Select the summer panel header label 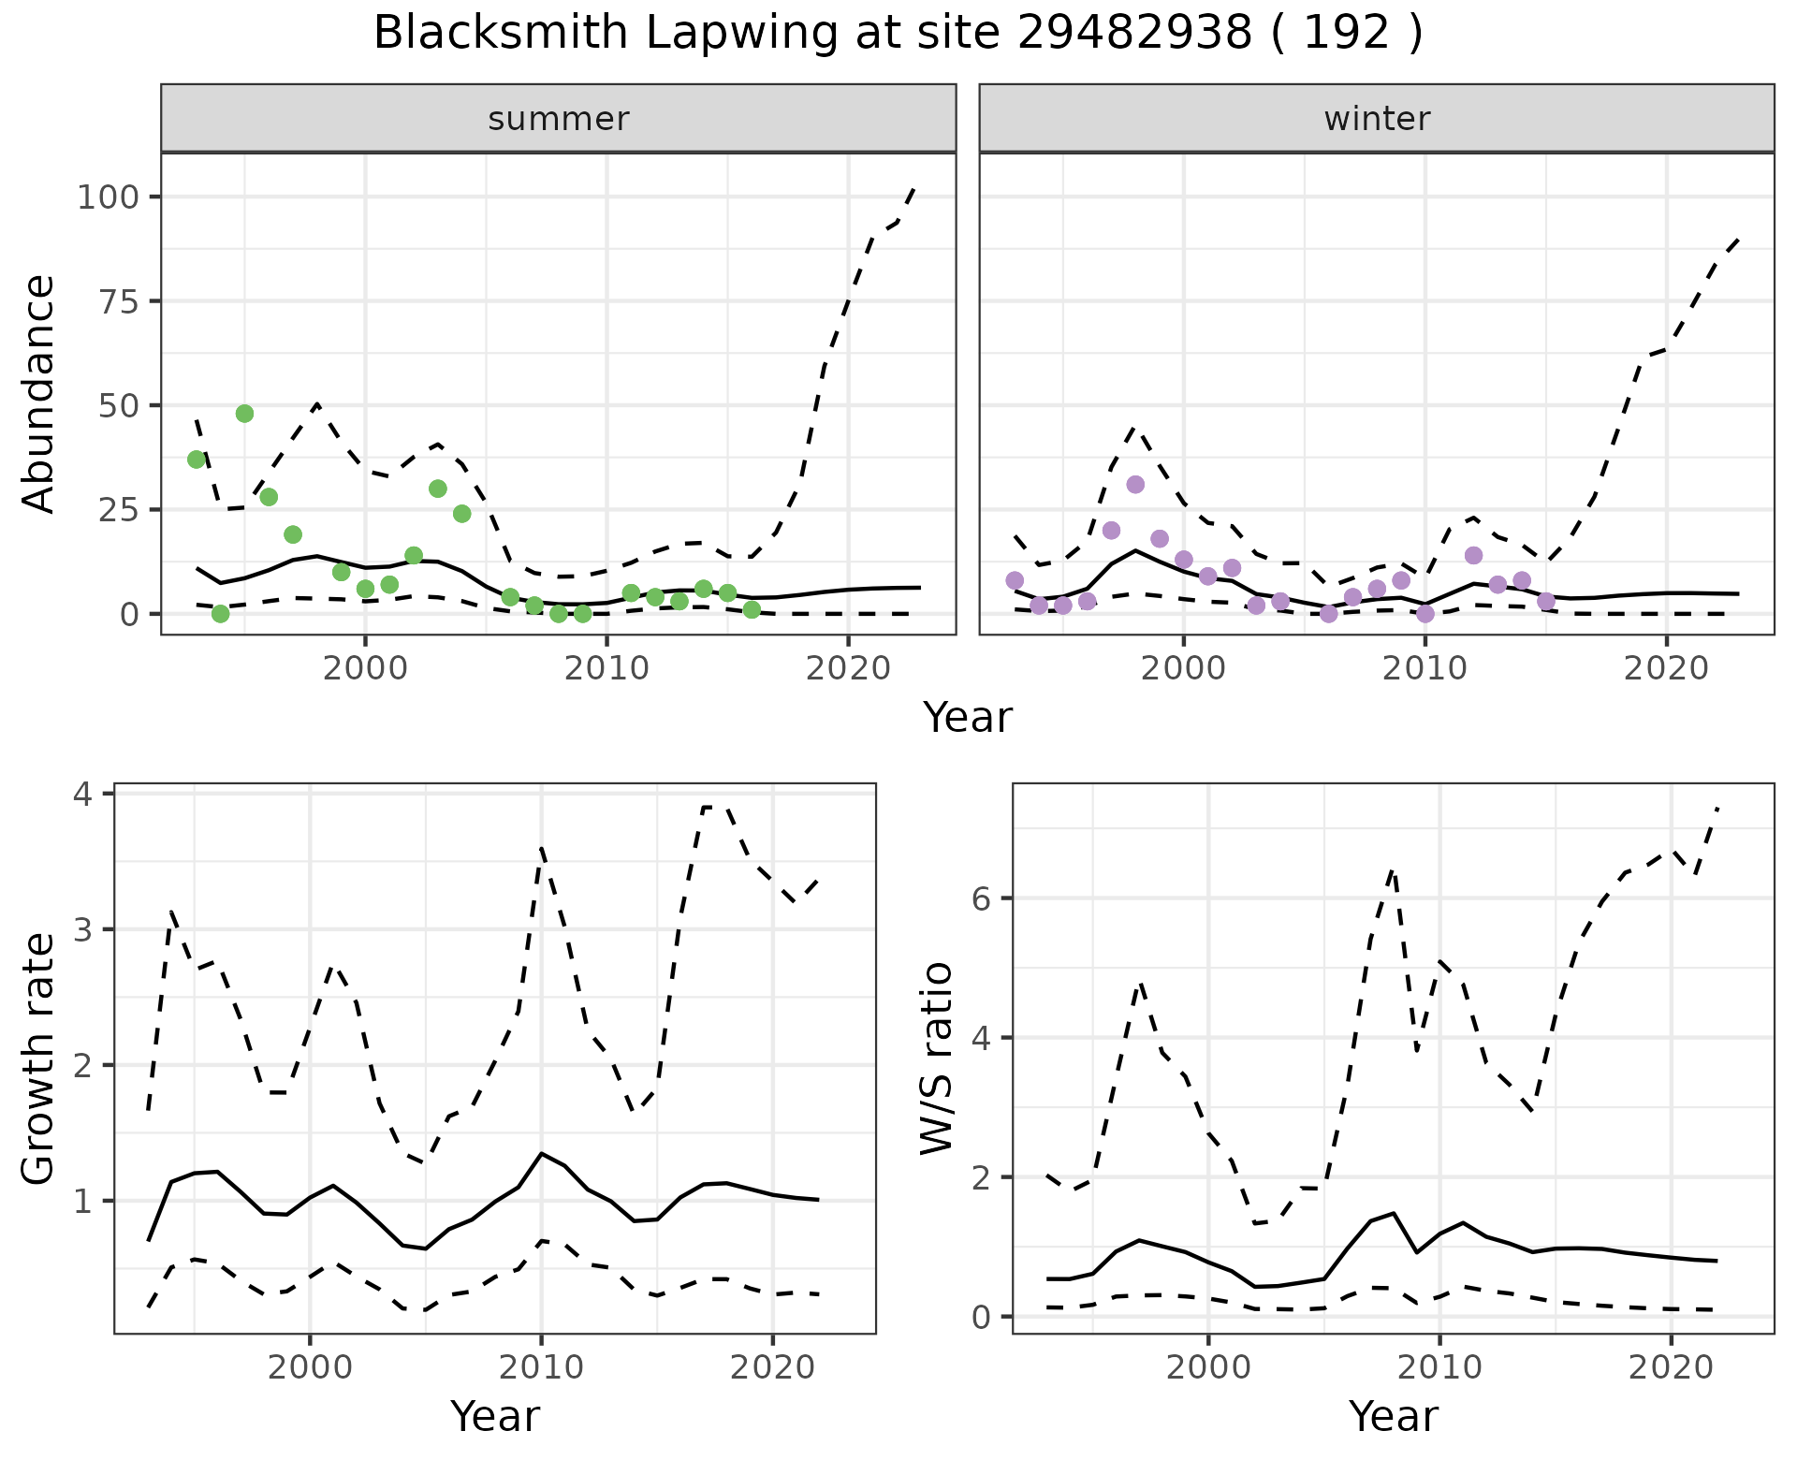click(x=559, y=119)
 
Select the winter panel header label click(x=1377, y=119)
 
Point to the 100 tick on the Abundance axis click(x=108, y=197)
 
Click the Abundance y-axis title click(x=39, y=394)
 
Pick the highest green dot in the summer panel click(x=244, y=414)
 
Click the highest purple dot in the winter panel click(x=1135, y=484)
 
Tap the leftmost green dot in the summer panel click(x=197, y=460)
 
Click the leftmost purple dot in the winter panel click(x=1015, y=580)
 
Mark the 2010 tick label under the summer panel click(x=606, y=668)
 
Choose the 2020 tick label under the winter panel click(x=1666, y=668)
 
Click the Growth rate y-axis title click(x=39, y=1058)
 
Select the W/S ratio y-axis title click(x=937, y=1058)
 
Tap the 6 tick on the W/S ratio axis click(x=980, y=898)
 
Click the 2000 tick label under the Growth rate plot click(x=310, y=1367)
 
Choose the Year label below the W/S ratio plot click(x=1393, y=1417)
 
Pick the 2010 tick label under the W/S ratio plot click(x=1439, y=1367)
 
